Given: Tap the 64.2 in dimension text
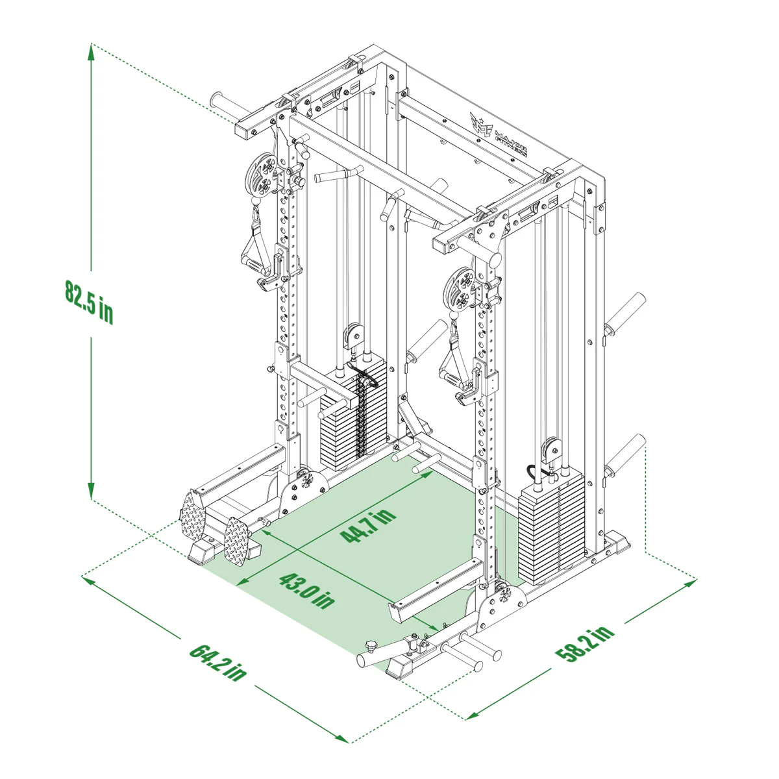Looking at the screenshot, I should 218,661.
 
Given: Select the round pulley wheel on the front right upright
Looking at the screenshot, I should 460,288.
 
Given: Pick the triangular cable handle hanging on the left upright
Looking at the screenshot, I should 255,247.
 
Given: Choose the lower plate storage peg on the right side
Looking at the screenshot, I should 626,455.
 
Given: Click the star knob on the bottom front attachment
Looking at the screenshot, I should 371,646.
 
